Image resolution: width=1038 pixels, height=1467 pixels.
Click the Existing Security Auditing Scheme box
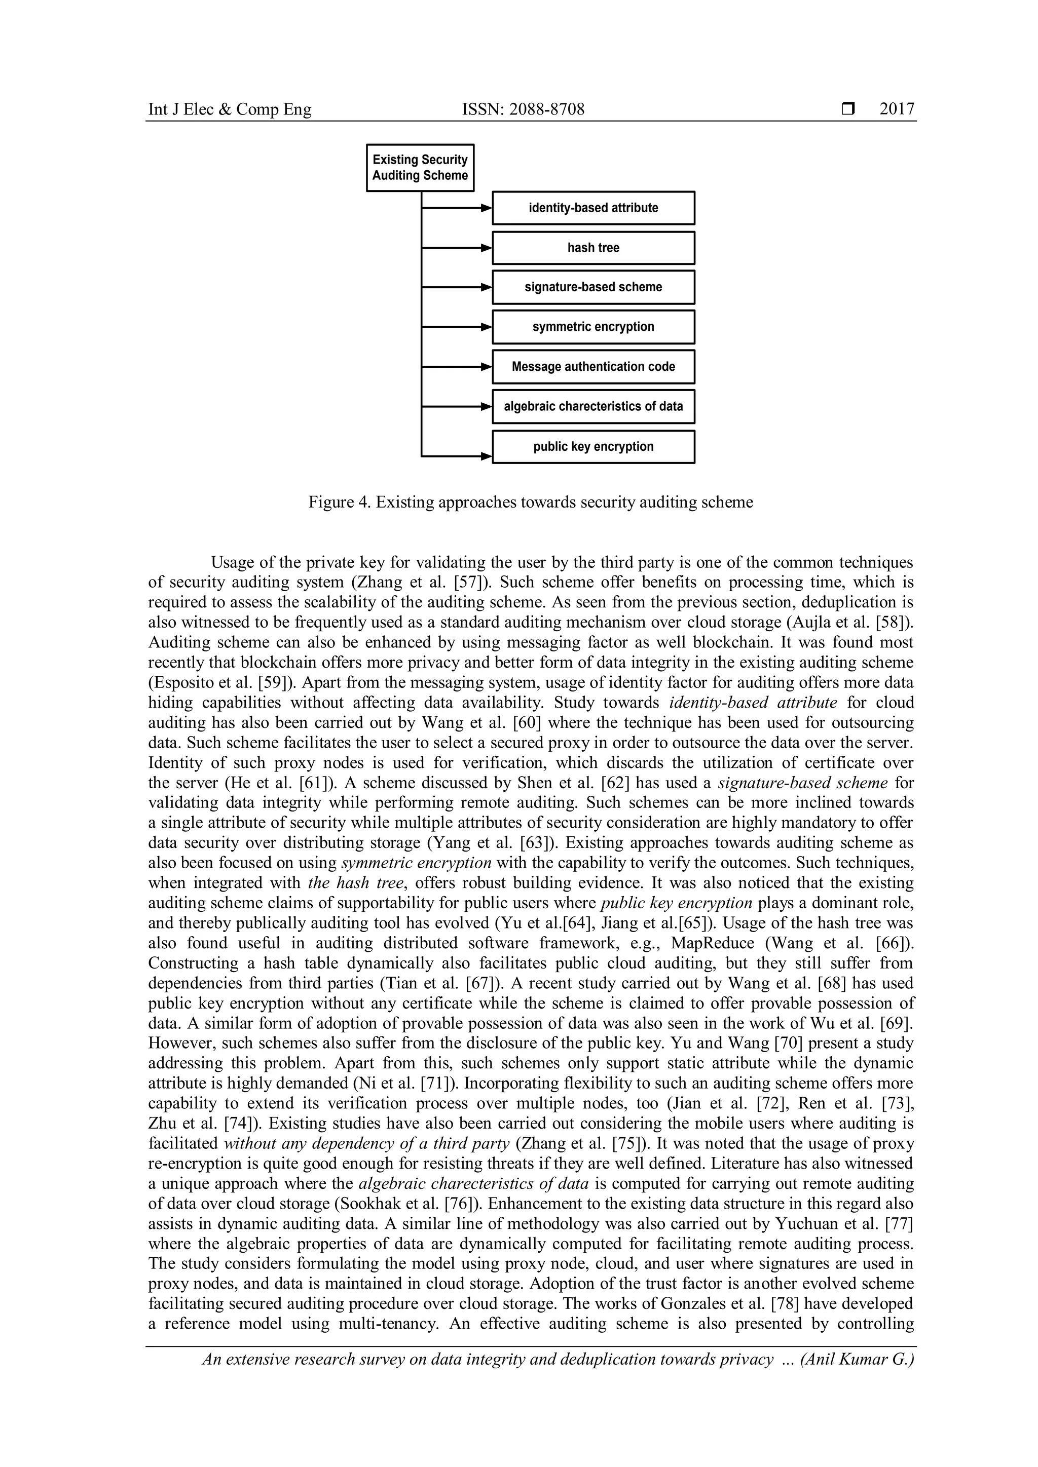[x=420, y=167]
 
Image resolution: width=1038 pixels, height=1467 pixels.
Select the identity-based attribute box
[x=592, y=208]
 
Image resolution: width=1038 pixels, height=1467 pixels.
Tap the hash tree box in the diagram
[x=592, y=248]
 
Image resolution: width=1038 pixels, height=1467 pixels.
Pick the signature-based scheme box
[x=592, y=287]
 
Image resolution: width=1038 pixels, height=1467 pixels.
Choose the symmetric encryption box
[x=592, y=327]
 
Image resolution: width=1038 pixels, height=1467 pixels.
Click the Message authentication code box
[x=592, y=367]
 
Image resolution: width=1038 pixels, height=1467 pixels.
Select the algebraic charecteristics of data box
[x=592, y=406]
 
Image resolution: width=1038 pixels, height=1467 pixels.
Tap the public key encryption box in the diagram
[x=592, y=447]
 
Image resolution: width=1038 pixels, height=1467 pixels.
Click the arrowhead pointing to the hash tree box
[x=487, y=248]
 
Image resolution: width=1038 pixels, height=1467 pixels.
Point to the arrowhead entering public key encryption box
[x=487, y=456]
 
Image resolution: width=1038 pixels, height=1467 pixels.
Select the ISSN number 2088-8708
[x=547, y=109]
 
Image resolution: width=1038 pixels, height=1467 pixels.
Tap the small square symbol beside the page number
[x=847, y=109]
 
